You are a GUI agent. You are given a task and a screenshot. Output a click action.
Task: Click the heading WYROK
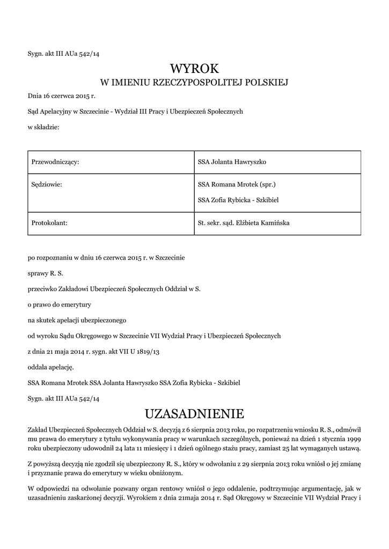[x=194, y=68]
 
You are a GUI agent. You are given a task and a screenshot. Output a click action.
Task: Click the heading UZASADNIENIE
[x=194, y=414]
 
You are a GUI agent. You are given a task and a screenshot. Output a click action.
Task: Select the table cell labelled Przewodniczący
[x=56, y=161]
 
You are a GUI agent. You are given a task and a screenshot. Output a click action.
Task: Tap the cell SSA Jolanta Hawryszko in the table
[x=232, y=161]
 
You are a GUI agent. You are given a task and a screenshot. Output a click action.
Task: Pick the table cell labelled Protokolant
[x=49, y=222]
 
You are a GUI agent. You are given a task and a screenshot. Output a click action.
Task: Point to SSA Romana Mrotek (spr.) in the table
[x=237, y=184]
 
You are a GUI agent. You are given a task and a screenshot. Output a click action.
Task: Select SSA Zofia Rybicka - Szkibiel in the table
[x=238, y=200]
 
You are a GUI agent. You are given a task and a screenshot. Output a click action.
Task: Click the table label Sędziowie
[x=47, y=184]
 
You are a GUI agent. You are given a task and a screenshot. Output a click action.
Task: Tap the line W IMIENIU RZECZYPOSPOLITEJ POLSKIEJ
[x=194, y=83]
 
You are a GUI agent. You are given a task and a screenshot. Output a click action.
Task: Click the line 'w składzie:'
[x=43, y=127]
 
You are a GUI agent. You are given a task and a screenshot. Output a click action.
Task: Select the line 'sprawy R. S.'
[x=45, y=273]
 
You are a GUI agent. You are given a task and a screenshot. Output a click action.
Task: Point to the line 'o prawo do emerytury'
[x=60, y=305]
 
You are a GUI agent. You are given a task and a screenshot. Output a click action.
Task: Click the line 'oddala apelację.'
[x=51, y=367]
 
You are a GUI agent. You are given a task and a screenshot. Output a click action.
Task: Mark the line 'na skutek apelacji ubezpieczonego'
[x=77, y=320]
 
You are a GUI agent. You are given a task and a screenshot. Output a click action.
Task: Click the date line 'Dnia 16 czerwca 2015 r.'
[x=61, y=97]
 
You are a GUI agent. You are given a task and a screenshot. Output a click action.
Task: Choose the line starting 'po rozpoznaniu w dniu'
[x=106, y=258]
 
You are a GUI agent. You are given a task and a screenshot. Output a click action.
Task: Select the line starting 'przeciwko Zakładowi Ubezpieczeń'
[x=114, y=289]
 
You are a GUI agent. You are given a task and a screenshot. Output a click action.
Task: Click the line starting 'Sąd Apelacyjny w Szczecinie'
[x=135, y=112]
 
